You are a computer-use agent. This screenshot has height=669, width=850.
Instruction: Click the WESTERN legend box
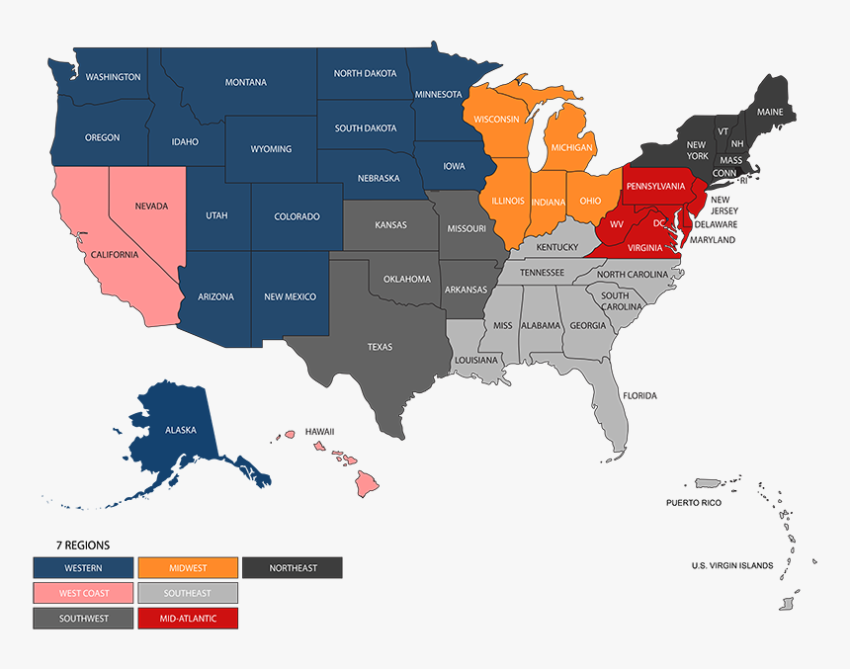click(x=83, y=567)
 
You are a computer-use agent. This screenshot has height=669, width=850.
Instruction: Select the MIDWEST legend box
click(x=188, y=567)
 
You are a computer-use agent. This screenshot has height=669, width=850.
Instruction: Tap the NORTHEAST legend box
click(x=293, y=567)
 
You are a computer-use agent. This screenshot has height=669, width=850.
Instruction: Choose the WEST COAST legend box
click(x=83, y=593)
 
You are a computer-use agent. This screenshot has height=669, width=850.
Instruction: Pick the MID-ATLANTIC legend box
click(x=188, y=619)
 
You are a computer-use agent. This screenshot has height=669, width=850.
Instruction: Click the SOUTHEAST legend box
click(x=188, y=593)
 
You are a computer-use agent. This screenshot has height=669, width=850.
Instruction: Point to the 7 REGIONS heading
click(x=83, y=544)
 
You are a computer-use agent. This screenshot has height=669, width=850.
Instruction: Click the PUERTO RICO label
click(x=693, y=503)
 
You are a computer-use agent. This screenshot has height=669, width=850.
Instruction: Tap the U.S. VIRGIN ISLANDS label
click(x=731, y=565)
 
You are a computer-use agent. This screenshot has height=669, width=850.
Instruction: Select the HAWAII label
click(x=319, y=432)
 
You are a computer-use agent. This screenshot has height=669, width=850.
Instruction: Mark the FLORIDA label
click(x=639, y=395)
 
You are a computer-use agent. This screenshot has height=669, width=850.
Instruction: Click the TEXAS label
click(x=380, y=347)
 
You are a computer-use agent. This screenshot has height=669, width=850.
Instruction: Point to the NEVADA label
click(x=152, y=207)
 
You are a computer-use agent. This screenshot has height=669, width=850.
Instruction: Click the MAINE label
click(x=769, y=112)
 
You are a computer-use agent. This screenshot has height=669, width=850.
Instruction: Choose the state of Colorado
click(x=297, y=216)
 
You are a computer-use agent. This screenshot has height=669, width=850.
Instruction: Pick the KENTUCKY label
click(x=557, y=246)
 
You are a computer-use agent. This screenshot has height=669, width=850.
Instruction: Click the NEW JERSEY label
click(x=723, y=205)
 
